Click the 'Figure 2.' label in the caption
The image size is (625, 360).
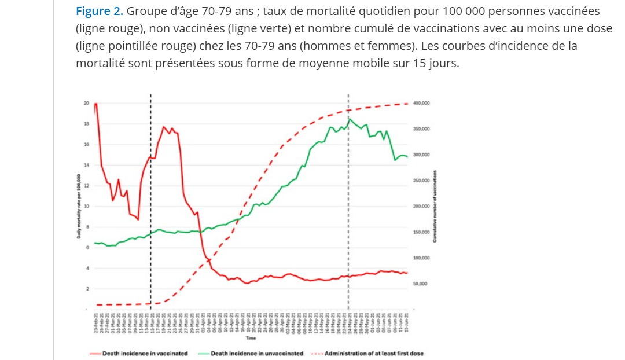[x=99, y=11]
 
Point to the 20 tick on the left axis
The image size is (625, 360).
[x=86, y=103]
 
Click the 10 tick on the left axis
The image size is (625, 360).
[x=86, y=206]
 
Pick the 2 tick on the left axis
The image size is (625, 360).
[x=86, y=289]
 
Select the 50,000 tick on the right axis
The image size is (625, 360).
[x=421, y=284]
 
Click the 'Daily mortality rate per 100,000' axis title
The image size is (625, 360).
[x=78, y=206]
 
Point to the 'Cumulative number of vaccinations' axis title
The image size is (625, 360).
[x=435, y=206]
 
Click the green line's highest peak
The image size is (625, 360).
[x=349, y=119]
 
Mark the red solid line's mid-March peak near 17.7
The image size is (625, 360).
[x=163, y=127]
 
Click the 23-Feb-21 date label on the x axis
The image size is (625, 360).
[x=95, y=322]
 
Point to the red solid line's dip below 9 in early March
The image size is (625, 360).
[x=138, y=219]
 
